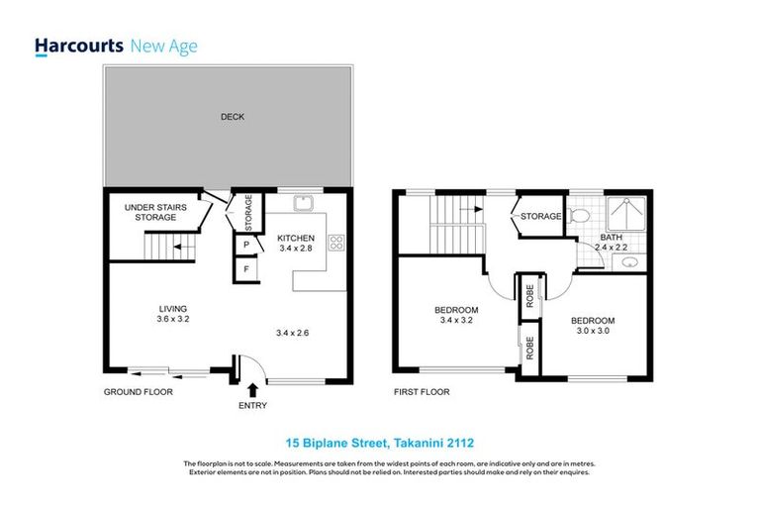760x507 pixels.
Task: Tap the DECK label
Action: click(232, 117)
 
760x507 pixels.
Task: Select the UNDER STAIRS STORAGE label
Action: click(150, 212)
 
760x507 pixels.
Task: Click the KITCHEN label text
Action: click(295, 238)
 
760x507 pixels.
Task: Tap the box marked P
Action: click(245, 245)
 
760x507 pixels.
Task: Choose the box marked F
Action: click(245, 269)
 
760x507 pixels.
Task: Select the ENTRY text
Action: click(253, 407)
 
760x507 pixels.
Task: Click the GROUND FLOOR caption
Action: click(139, 392)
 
